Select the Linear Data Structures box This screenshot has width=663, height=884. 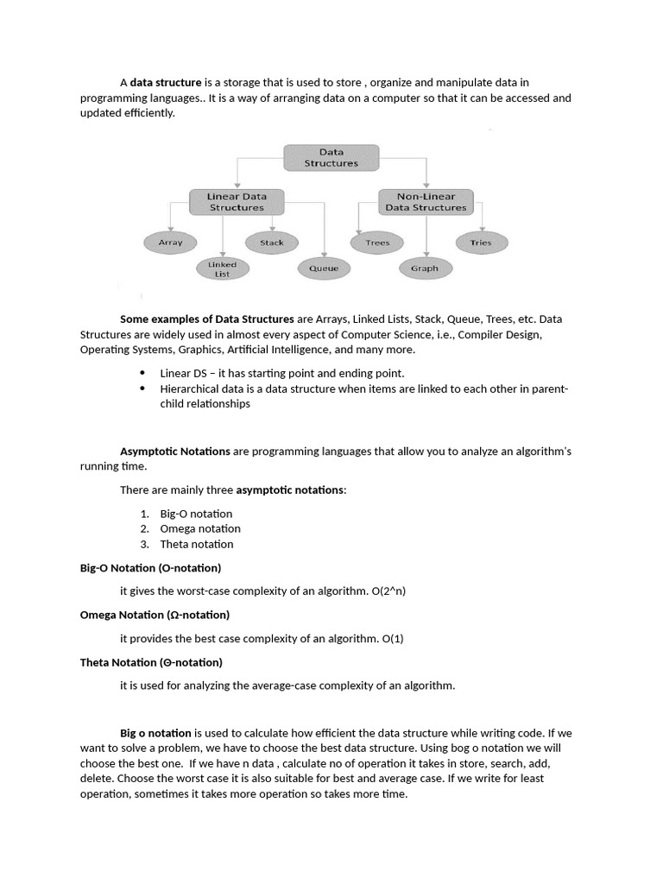click(236, 202)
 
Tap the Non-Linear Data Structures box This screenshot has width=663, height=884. click(425, 202)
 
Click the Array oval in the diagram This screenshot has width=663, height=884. click(170, 243)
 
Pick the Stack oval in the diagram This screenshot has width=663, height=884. click(271, 243)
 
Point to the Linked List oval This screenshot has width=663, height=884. click(222, 268)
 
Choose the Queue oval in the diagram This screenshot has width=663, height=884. click(324, 268)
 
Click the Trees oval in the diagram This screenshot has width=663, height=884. click(377, 243)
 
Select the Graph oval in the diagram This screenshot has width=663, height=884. click(424, 268)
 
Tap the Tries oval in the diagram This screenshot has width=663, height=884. click(480, 243)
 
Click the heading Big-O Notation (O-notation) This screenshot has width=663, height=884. click(150, 568)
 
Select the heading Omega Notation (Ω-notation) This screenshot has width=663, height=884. click(155, 615)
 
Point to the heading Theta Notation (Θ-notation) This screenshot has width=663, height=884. click(151, 662)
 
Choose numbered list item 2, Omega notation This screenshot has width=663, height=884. click(200, 528)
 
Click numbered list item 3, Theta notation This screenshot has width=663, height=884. click(197, 544)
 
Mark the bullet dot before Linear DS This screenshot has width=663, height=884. click(142, 373)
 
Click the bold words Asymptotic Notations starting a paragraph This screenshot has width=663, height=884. click(174, 451)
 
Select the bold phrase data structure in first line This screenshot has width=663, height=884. click(166, 83)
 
